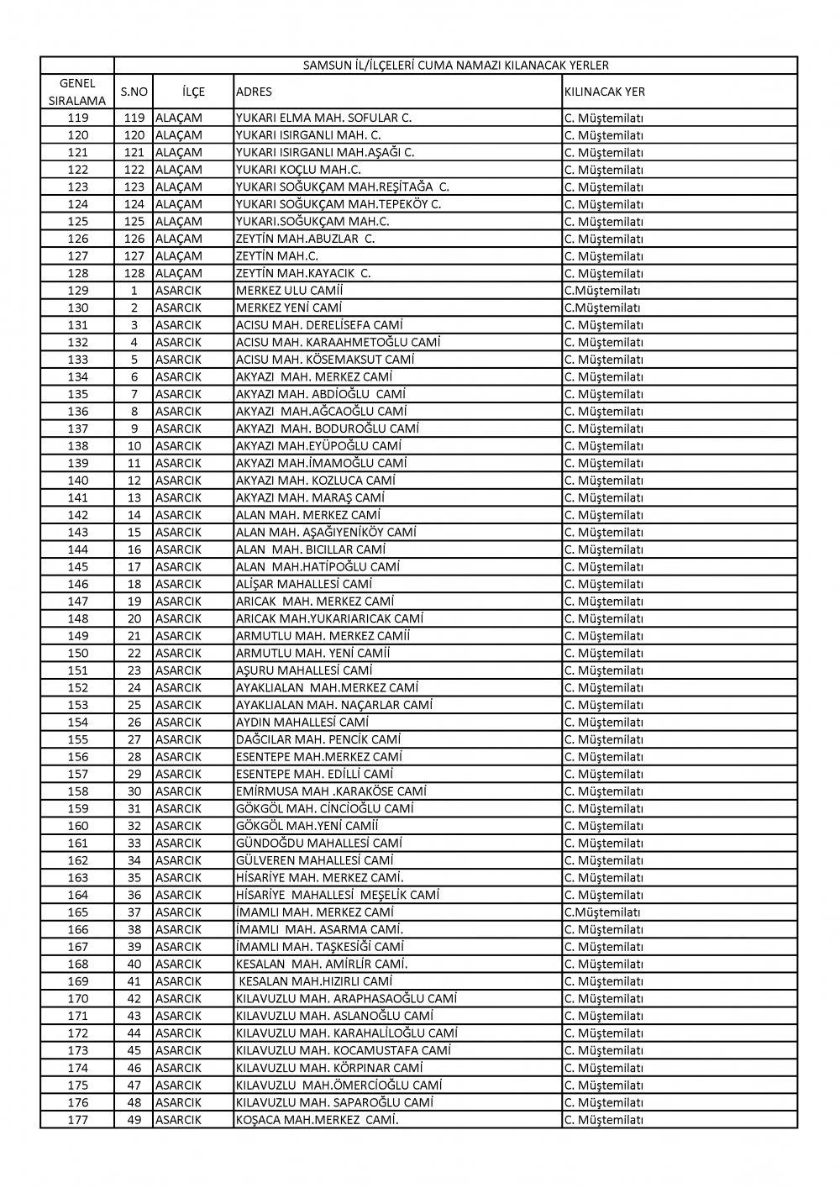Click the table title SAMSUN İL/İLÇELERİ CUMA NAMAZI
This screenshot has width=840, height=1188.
(x=455, y=66)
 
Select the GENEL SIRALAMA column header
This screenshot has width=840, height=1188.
(x=77, y=92)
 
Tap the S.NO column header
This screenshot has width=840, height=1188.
(x=134, y=92)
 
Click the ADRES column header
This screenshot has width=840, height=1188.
(x=254, y=92)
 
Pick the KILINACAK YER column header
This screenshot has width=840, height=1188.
(x=605, y=92)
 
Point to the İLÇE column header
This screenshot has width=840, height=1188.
(x=193, y=92)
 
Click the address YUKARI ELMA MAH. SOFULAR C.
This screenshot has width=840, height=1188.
(x=323, y=118)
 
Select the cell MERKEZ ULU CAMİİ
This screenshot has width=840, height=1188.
(x=290, y=291)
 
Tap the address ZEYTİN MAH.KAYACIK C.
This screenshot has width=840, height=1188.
(x=303, y=273)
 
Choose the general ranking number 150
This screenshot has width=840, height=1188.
(x=77, y=653)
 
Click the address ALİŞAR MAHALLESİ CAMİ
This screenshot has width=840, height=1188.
(x=304, y=584)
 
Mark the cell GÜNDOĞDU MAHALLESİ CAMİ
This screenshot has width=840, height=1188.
(x=319, y=843)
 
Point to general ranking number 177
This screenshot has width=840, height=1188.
(x=77, y=1119)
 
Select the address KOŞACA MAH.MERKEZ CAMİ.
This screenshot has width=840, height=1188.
(x=318, y=1119)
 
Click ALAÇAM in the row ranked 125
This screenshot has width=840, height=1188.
(x=179, y=221)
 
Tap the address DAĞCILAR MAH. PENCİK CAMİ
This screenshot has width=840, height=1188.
(x=318, y=739)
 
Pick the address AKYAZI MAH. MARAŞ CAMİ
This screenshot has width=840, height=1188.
(x=310, y=497)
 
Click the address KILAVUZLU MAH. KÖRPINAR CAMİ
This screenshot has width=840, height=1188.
(x=329, y=1068)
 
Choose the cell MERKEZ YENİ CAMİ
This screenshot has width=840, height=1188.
(x=289, y=308)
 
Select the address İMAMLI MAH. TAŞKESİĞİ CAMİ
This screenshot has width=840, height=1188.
(x=320, y=947)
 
